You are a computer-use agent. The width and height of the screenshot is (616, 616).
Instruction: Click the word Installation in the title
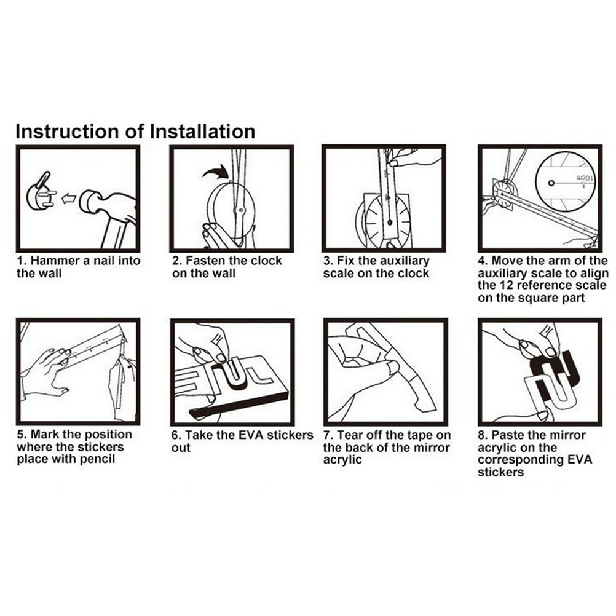(x=203, y=131)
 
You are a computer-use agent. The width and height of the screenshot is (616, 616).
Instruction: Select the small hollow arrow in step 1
(x=69, y=199)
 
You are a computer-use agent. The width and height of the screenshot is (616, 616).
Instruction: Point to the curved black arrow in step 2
(x=215, y=172)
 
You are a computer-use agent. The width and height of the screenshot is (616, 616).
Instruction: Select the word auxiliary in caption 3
(x=403, y=261)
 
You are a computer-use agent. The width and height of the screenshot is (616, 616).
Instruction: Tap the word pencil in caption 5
(x=98, y=459)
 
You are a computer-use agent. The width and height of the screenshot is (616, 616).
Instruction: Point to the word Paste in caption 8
(x=508, y=435)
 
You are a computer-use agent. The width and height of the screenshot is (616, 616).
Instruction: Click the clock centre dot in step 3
(x=390, y=223)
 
